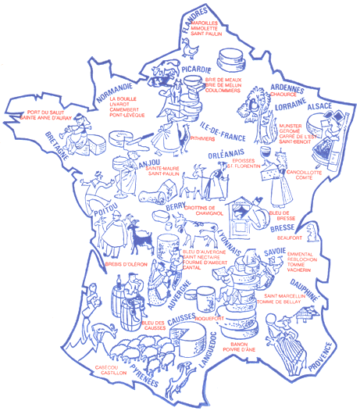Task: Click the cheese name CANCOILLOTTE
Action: [x=308, y=171]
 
